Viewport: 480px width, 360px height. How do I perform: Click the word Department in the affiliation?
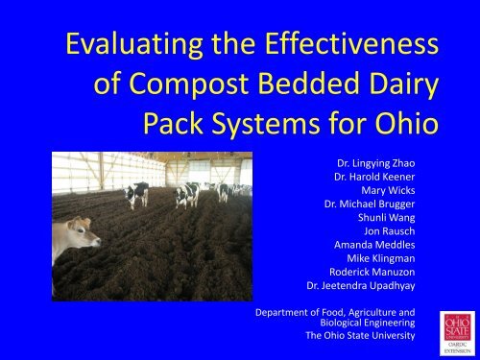(x=276, y=312)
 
